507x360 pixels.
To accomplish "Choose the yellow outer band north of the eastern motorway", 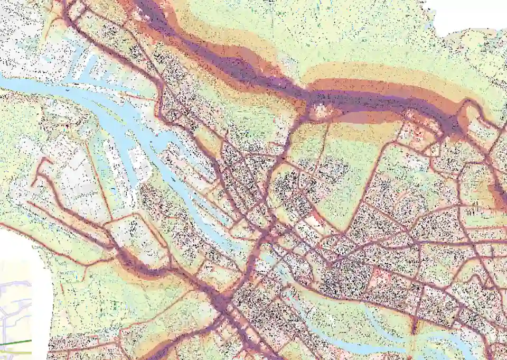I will tap(370, 71).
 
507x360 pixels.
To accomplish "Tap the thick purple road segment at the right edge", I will tap(499, 196).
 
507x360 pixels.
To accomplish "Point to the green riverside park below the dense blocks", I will tap(338, 312).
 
